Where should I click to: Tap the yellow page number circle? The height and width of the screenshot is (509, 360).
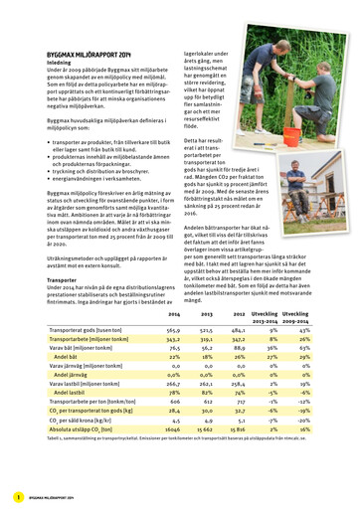tap(18, 496)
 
